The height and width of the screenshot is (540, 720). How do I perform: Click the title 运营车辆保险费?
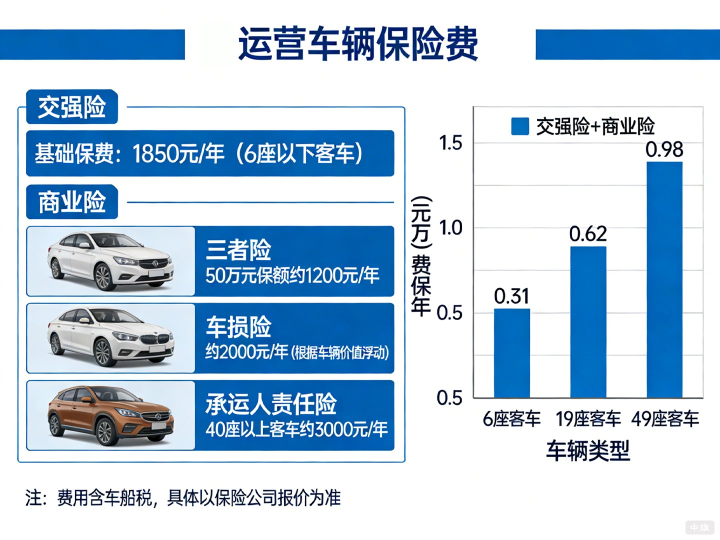[x=358, y=44]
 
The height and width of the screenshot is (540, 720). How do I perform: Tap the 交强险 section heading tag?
[x=72, y=106]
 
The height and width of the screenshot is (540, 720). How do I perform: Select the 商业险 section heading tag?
[x=72, y=202]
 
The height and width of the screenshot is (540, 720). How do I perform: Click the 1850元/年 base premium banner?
[x=210, y=153]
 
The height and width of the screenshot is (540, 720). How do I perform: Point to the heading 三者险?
[x=238, y=249]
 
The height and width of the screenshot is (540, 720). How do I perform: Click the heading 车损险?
[x=238, y=327]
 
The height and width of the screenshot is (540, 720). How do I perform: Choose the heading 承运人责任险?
[x=271, y=404]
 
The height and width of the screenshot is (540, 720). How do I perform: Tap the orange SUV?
[x=110, y=414]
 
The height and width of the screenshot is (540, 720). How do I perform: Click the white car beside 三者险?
[x=110, y=260]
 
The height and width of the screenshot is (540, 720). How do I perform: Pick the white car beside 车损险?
[x=110, y=337]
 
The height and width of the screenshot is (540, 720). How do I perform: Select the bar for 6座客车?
[x=512, y=353]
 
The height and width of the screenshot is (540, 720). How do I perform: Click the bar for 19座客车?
[x=588, y=322]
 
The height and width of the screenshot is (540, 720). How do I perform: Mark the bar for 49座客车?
[x=664, y=280]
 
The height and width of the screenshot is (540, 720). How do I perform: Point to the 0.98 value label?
[x=664, y=149]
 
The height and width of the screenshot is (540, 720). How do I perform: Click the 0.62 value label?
[x=588, y=233]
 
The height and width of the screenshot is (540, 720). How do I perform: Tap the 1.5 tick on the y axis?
[x=450, y=143]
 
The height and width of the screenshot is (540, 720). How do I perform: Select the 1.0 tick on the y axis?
[x=450, y=228]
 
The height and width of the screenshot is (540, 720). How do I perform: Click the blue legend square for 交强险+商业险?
[x=520, y=126]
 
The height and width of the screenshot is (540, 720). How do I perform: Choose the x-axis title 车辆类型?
[x=588, y=450]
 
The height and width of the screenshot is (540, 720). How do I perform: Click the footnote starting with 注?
[x=183, y=498]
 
